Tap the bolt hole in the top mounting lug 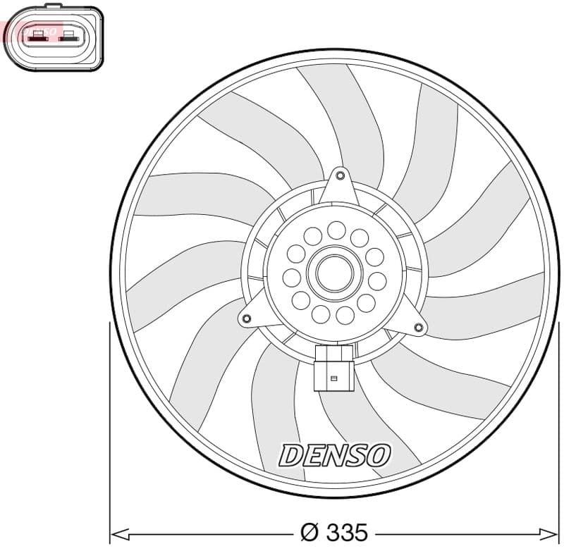(340, 175)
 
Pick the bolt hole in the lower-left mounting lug (247, 319)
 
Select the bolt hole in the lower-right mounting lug (419, 327)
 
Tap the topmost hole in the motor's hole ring (336, 229)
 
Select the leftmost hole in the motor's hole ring (291, 278)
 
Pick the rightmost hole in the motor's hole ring (378, 281)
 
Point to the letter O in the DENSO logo (377, 455)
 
